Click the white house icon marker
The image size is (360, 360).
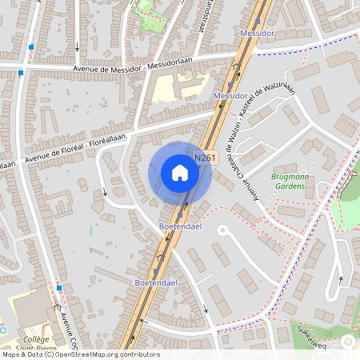(180, 172)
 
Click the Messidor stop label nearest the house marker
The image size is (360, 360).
(230, 96)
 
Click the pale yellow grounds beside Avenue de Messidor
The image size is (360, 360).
(172, 88)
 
